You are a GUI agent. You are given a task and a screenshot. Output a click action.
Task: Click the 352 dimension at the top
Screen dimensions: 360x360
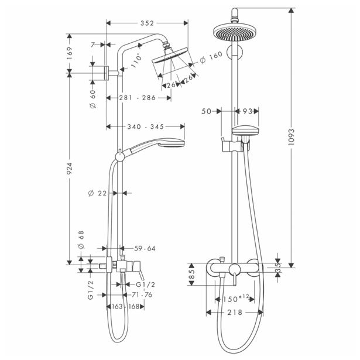[147, 23]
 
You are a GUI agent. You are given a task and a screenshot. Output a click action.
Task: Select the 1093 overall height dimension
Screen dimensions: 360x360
[291, 137]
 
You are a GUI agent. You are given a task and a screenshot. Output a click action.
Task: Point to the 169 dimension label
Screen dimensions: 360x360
[70, 53]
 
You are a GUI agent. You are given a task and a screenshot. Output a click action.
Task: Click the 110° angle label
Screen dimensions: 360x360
[136, 61]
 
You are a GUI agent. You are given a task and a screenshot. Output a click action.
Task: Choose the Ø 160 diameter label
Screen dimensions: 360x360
[211, 57]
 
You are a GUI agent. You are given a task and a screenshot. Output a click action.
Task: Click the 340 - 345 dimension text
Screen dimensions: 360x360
[146, 127]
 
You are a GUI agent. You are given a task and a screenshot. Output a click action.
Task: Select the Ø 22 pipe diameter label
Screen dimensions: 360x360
[98, 193]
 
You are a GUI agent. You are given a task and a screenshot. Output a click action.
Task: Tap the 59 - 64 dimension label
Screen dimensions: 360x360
[145, 248]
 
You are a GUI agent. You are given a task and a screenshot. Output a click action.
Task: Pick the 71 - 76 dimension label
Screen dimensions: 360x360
[142, 294]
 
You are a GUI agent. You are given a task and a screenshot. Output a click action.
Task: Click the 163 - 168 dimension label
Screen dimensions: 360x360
[126, 307]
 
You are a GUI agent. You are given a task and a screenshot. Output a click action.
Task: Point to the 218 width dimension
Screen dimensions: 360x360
[235, 312]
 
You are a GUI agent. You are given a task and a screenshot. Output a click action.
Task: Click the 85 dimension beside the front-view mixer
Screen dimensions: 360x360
[192, 274]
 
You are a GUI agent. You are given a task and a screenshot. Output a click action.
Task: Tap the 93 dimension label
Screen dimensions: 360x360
[248, 111]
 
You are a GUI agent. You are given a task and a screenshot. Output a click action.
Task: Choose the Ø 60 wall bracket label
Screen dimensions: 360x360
[92, 99]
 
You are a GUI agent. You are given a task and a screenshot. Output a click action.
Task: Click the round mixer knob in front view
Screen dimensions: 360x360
[234, 269]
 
